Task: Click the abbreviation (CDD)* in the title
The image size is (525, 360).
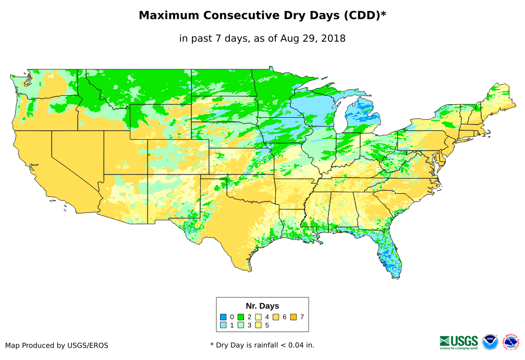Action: tap(364, 16)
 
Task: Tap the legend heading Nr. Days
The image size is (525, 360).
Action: tap(262, 306)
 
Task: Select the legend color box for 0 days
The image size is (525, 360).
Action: tap(223, 317)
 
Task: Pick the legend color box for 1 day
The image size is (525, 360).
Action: tap(223, 325)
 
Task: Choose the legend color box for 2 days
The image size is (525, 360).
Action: tap(241, 317)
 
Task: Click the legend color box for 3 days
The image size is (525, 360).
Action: tap(241, 325)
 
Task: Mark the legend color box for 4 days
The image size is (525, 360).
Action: tap(258, 317)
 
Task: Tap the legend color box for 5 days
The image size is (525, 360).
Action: tap(258, 325)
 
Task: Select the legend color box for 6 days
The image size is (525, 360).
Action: tap(276, 317)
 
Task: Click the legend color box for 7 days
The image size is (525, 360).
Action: tap(294, 317)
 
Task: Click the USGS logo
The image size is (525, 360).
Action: tap(459, 342)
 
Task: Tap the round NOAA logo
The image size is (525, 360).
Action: tap(490, 342)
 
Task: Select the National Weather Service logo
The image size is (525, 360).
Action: tap(511, 342)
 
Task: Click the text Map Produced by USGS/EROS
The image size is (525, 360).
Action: tap(57, 345)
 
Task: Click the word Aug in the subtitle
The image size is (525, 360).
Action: tap(289, 38)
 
